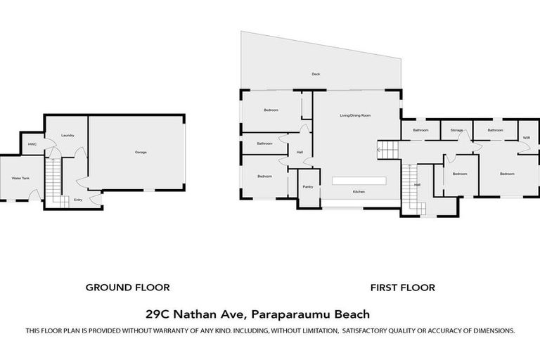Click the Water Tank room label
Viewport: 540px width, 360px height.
tap(20, 179)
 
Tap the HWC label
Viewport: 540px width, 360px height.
tap(32, 145)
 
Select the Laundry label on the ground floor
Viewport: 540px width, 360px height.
tap(67, 135)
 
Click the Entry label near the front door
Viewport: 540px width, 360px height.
tap(77, 200)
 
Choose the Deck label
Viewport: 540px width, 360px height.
tap(316, 74)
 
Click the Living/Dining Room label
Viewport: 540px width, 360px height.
tap(355, 115)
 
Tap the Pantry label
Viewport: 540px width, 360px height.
tap(308, 187)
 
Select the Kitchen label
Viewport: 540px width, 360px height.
tap(359, 191)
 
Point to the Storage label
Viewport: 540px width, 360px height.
tap(457, 130)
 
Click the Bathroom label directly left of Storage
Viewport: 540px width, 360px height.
tap(420, 130)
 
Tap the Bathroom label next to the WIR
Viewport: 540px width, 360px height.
tap(495, 130)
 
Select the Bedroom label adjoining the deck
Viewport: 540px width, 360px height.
tap(271, 110)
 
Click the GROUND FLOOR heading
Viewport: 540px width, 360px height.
tap(127, 287)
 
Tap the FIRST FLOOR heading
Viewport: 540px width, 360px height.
tap(403, 287)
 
